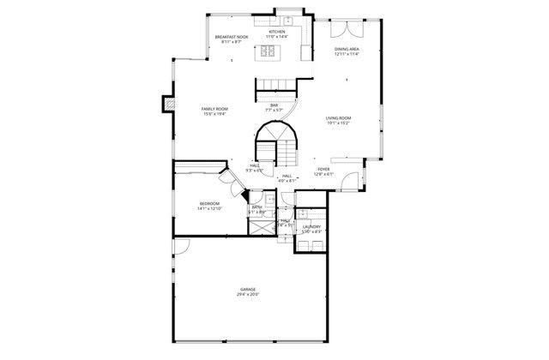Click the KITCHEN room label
pyautogui.click(x=275, y=32)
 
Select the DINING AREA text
pyautogui.click(x=347, y=49)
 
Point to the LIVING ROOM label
pyautogui.click(x=339, y=117)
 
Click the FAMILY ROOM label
pyautogui.click(x=214, y=110)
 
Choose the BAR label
pyautogui.click(x=274, y=105)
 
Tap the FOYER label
pyautogui.click(x=323, y=170)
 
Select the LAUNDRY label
pyautogui.click(x=311, y=226)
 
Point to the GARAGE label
pyautogui.click(x=248, y=289)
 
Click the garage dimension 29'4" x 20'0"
pyautogui.click(x=248, y=294)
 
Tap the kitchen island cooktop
pyautogui.click(x=267, y=51)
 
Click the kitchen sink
pyautogui.click(x=290, y=20)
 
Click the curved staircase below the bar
pyautogui.click(x=279, y=141)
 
